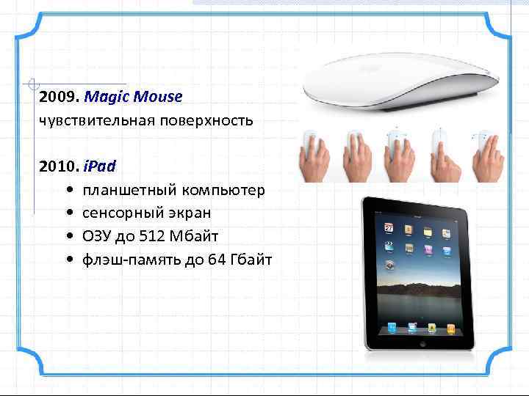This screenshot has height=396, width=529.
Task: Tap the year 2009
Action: pyautogui.click(x=60, y=96)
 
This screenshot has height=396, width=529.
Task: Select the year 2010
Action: pyautogui.click(x=60, y=161)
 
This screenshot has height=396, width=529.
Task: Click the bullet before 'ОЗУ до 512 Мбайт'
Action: pyautogui.click(x=68, y=236)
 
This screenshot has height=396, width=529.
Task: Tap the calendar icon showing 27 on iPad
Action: pyautogui.click(x=389, y=230)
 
